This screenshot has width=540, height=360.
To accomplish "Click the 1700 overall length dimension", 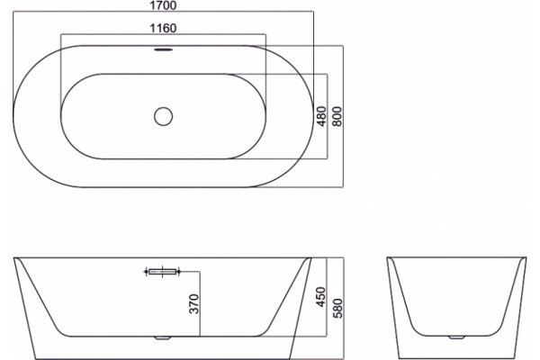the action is (x=163, y=5).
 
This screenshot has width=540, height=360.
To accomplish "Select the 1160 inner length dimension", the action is (x=163, y=28).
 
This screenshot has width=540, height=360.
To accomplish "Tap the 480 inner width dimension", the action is (x=321, y=116).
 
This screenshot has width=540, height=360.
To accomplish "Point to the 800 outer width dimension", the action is (x=337, y=116).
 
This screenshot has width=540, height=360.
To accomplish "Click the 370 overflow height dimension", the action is (x=194, y=304).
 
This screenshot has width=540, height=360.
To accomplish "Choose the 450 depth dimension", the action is (x=320, y=297).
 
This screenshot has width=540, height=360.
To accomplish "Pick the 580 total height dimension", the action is (x=337, y=309).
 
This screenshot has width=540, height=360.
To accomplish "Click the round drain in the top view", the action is (x=163, y=116).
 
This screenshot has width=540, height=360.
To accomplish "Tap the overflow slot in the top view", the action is (x=163, y=49).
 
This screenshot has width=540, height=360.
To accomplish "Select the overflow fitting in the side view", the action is (x=162, y=272).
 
